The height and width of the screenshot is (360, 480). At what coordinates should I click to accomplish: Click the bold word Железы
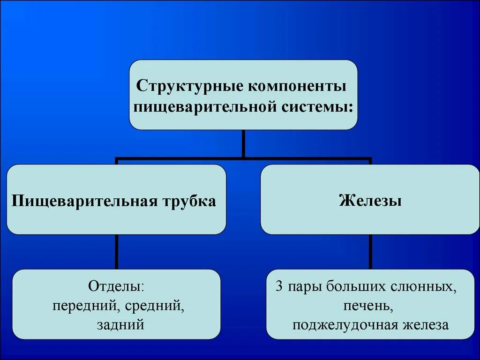click(370, 201)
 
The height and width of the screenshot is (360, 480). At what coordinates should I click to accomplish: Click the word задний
click(120, 325)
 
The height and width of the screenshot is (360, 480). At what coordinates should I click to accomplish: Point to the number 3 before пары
click(279, 287)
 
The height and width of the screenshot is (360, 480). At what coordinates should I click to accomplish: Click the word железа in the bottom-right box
click(425, 325)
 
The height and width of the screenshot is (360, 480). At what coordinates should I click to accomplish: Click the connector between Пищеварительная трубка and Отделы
click(116, 252)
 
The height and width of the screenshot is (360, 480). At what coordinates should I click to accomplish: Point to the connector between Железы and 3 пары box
click(370, 252)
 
